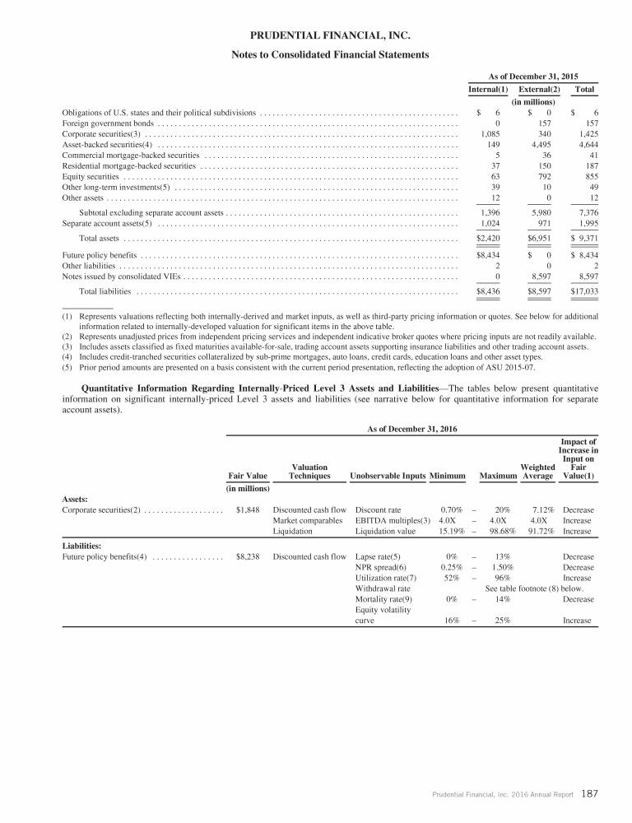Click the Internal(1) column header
(x=486, y=89)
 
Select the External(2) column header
(x=540, y=89)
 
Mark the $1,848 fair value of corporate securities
(x=248, y=510)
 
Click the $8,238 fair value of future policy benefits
(x=248, y=557)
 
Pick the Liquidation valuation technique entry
(x=293, y=532)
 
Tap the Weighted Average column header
(x=537, y=471)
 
